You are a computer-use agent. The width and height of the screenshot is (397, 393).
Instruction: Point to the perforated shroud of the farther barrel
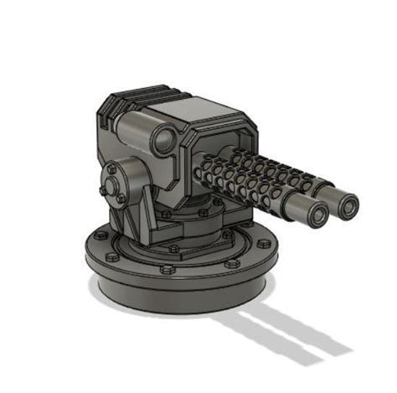276,168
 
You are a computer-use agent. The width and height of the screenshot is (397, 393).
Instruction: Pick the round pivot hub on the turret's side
113,181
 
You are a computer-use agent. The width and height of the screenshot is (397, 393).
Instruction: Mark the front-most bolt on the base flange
167,270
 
